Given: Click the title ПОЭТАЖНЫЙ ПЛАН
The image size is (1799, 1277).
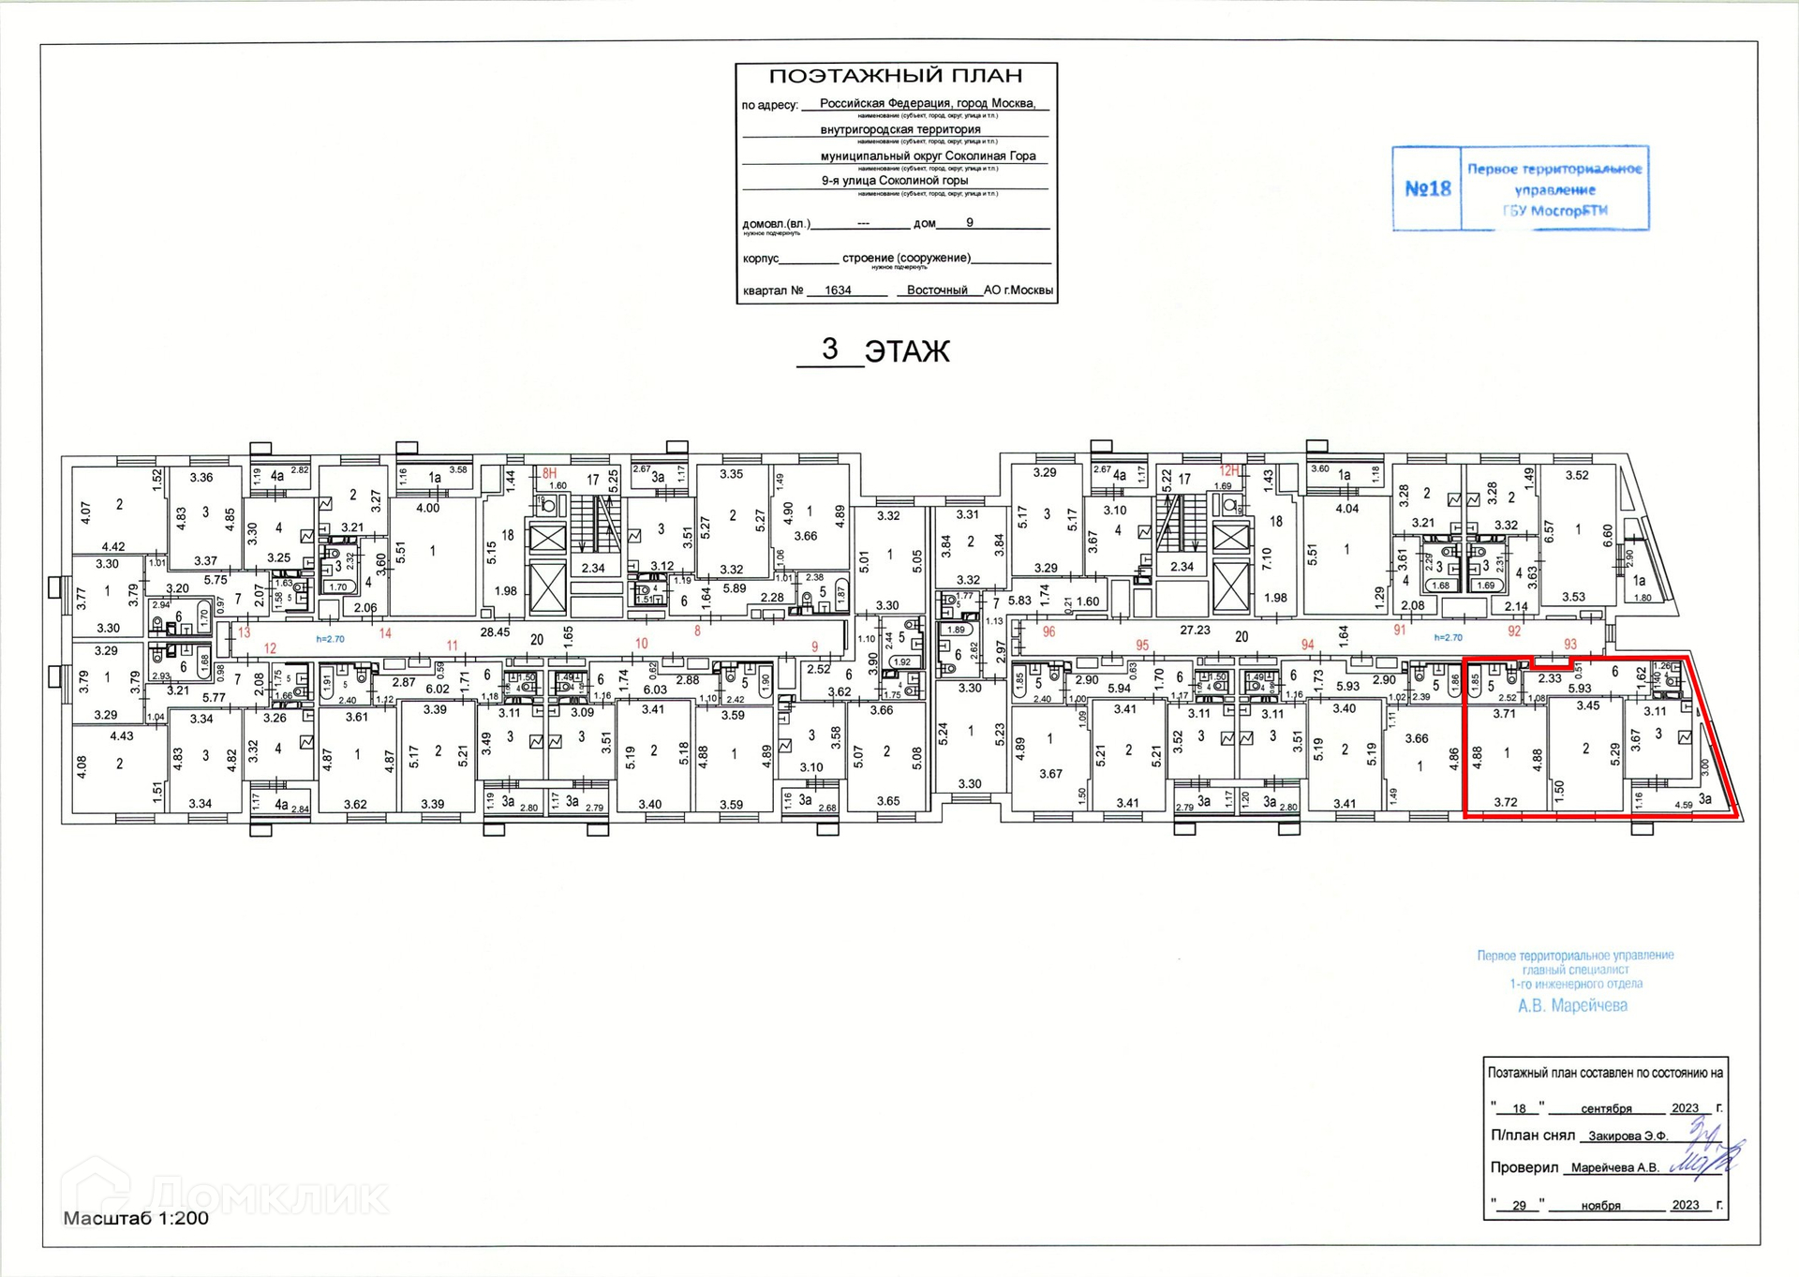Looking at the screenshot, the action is click(895, 76).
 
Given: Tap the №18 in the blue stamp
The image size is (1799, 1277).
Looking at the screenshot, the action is click(1427, 188).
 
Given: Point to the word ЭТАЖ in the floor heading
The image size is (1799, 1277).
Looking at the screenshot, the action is click(906, 351).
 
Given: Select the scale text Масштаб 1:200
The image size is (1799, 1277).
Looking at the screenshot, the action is click(136, 1218).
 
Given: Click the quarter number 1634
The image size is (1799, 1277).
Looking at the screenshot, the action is click(838, 290).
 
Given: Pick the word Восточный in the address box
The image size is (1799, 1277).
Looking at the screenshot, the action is click(936, 290).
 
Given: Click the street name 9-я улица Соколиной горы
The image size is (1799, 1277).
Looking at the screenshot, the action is click(894, 180).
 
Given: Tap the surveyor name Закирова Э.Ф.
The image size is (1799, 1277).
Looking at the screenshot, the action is click(1628, 1136).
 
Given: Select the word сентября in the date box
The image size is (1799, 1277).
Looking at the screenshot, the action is click(1606, 1108).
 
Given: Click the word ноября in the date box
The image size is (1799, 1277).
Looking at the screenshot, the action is click(1600, 1206).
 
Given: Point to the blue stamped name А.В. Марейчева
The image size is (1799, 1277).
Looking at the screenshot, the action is click(1572, 1005).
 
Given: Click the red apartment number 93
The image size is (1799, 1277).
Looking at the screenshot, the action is click(1570, 644).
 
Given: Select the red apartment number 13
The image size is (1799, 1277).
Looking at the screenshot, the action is click(244, 632).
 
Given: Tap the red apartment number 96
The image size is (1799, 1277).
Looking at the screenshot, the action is click(1048, 631).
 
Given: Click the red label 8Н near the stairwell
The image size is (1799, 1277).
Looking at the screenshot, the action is click(549, 473).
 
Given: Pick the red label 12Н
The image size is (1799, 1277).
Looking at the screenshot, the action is click(1228, 470).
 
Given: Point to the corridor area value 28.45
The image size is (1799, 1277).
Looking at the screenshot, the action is click(495, 632).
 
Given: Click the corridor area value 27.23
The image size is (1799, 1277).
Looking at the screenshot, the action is click(1195, 631).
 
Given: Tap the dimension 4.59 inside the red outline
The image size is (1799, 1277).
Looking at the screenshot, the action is click(1683, 804).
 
